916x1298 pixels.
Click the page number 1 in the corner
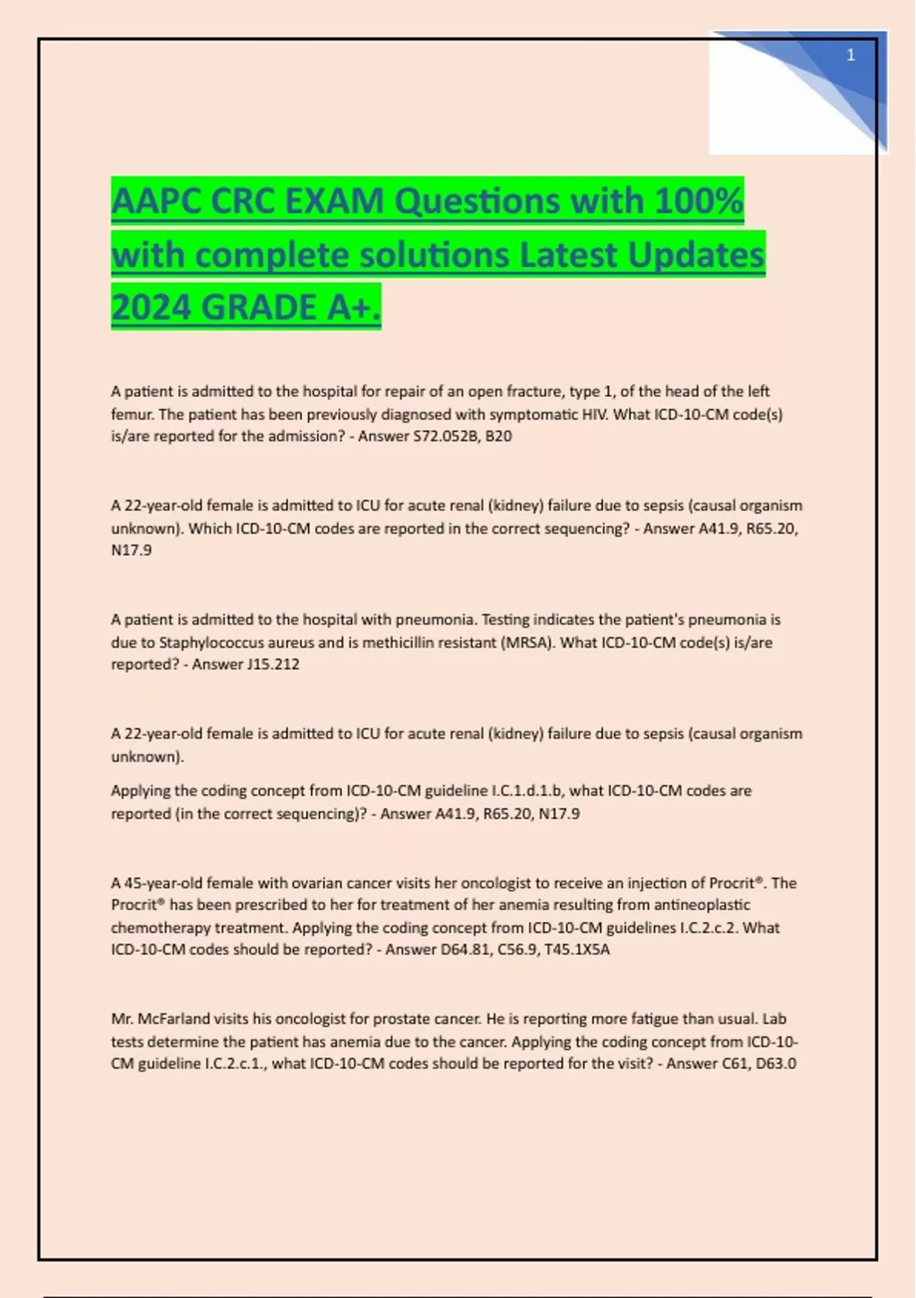click(850, 55)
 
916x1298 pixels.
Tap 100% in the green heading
click(698, 202)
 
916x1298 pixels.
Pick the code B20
click(498, 436)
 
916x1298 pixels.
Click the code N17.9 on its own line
click(131, 550)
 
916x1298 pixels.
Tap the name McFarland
click(173, 1019)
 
